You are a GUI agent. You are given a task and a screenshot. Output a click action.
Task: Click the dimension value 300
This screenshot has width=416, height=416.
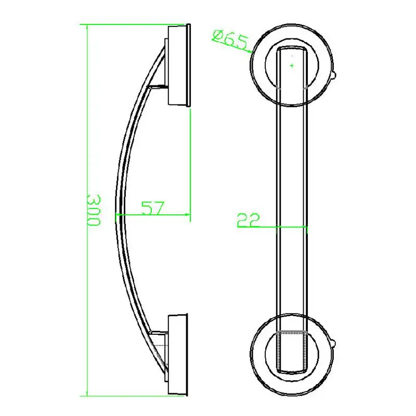point(93,210)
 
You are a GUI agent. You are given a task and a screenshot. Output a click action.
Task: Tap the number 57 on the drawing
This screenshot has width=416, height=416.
point(153,207)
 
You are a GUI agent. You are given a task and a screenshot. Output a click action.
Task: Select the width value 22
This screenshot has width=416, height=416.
point(249,220)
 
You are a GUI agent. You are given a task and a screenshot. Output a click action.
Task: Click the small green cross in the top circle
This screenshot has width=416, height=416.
point(292,66)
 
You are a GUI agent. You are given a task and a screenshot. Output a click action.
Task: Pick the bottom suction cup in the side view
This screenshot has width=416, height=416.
point(178,355)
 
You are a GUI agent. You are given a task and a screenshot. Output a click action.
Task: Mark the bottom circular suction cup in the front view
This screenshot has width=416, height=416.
point(292,346)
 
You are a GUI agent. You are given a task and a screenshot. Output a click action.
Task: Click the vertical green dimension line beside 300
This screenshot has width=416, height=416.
point(86,130)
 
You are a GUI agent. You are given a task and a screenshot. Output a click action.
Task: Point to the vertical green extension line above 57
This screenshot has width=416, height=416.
point(190,156)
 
